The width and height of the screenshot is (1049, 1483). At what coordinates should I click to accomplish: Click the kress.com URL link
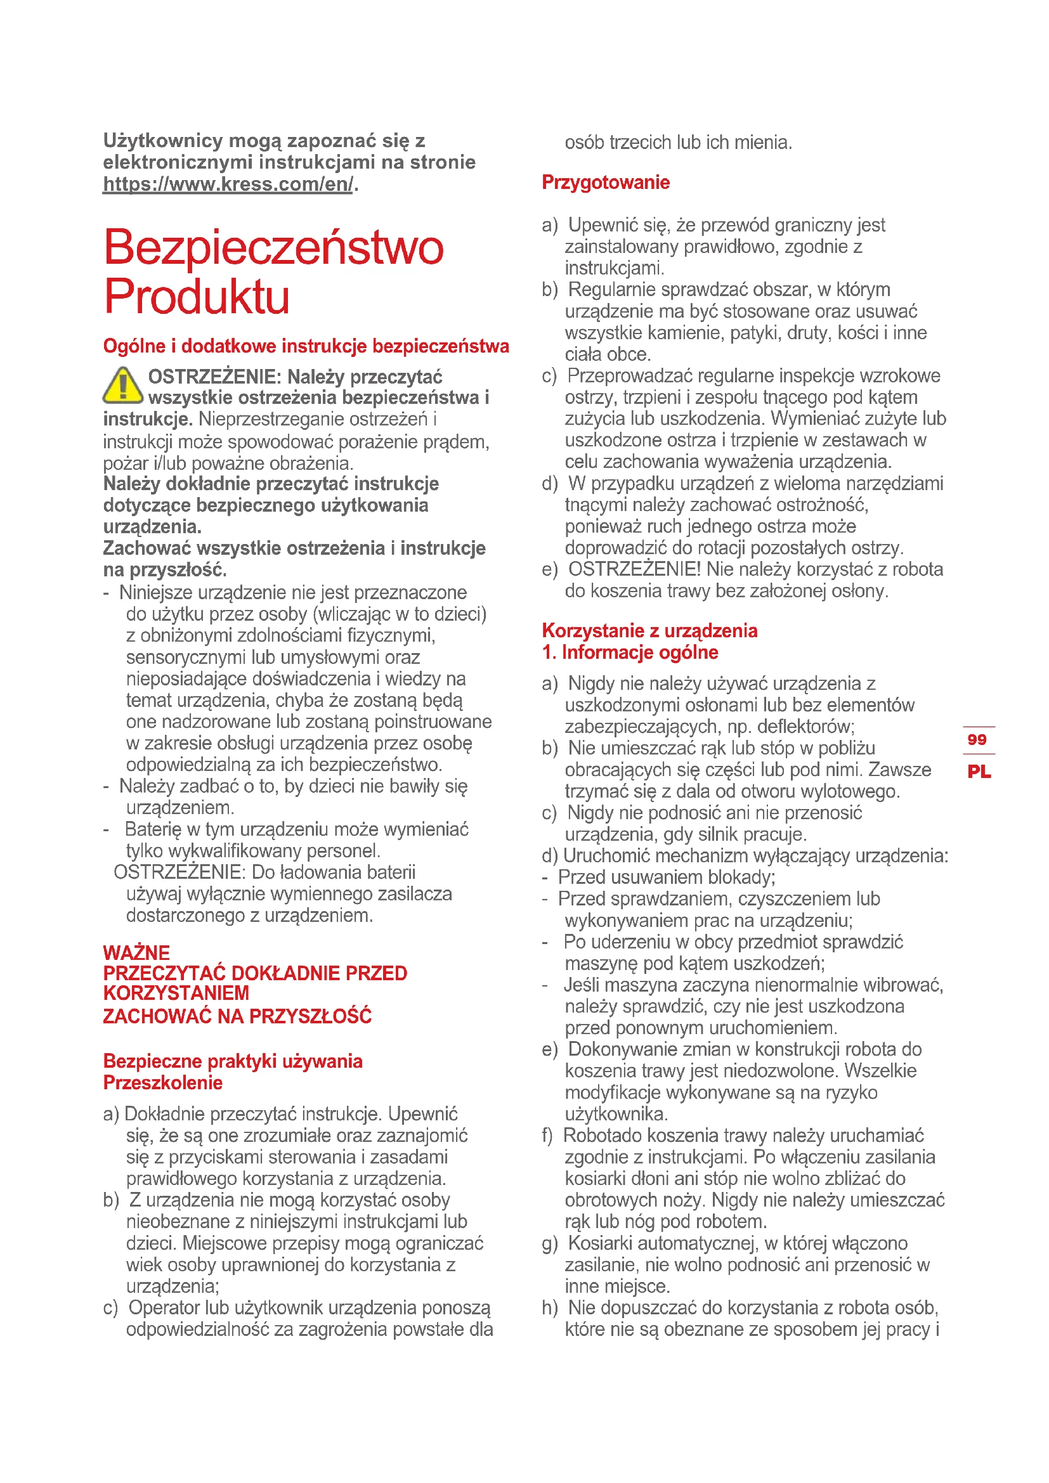(228, 184)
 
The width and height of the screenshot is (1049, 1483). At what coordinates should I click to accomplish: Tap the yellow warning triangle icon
(123, 385)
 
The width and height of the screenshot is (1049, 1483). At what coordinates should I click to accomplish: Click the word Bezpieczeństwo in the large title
(273, 247)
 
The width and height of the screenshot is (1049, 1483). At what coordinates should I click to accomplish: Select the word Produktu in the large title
(197, 297)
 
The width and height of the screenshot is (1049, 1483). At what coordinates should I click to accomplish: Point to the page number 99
(977, 739)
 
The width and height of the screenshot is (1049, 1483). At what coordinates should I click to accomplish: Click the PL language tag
(979, 771)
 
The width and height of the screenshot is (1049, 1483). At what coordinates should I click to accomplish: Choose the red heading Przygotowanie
(605, 183)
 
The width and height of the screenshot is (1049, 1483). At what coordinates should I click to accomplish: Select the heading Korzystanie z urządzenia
(649, 630)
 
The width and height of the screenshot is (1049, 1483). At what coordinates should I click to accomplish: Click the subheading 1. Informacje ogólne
(630, 652)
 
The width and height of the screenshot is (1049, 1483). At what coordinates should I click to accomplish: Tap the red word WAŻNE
(136, 953)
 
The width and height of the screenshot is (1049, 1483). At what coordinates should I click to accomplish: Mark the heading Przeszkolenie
(163, 1083)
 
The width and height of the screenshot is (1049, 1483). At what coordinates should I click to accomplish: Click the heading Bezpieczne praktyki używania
(233, 1061)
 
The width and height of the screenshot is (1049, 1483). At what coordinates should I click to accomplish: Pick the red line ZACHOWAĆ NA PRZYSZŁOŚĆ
(237, 1016)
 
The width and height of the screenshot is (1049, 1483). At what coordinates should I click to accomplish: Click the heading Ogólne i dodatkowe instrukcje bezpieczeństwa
(306, 346)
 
